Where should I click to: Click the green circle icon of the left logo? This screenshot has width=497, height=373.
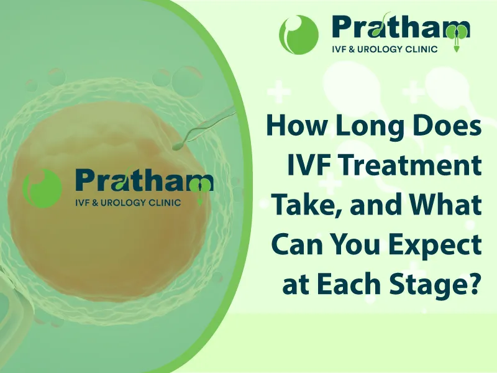pyautogui.click(x=42, y=188)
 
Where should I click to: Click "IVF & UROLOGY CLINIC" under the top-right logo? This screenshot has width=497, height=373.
pyautogui.click(x=384, y=49)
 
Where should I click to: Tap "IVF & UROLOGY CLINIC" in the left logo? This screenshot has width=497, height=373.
pyautogui.click(x=127, y=203)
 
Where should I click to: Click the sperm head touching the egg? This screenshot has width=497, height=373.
pyautogui.click(x=176, y=146)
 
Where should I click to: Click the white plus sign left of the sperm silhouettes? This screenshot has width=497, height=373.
pyautogui.click(x=278, y=91)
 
